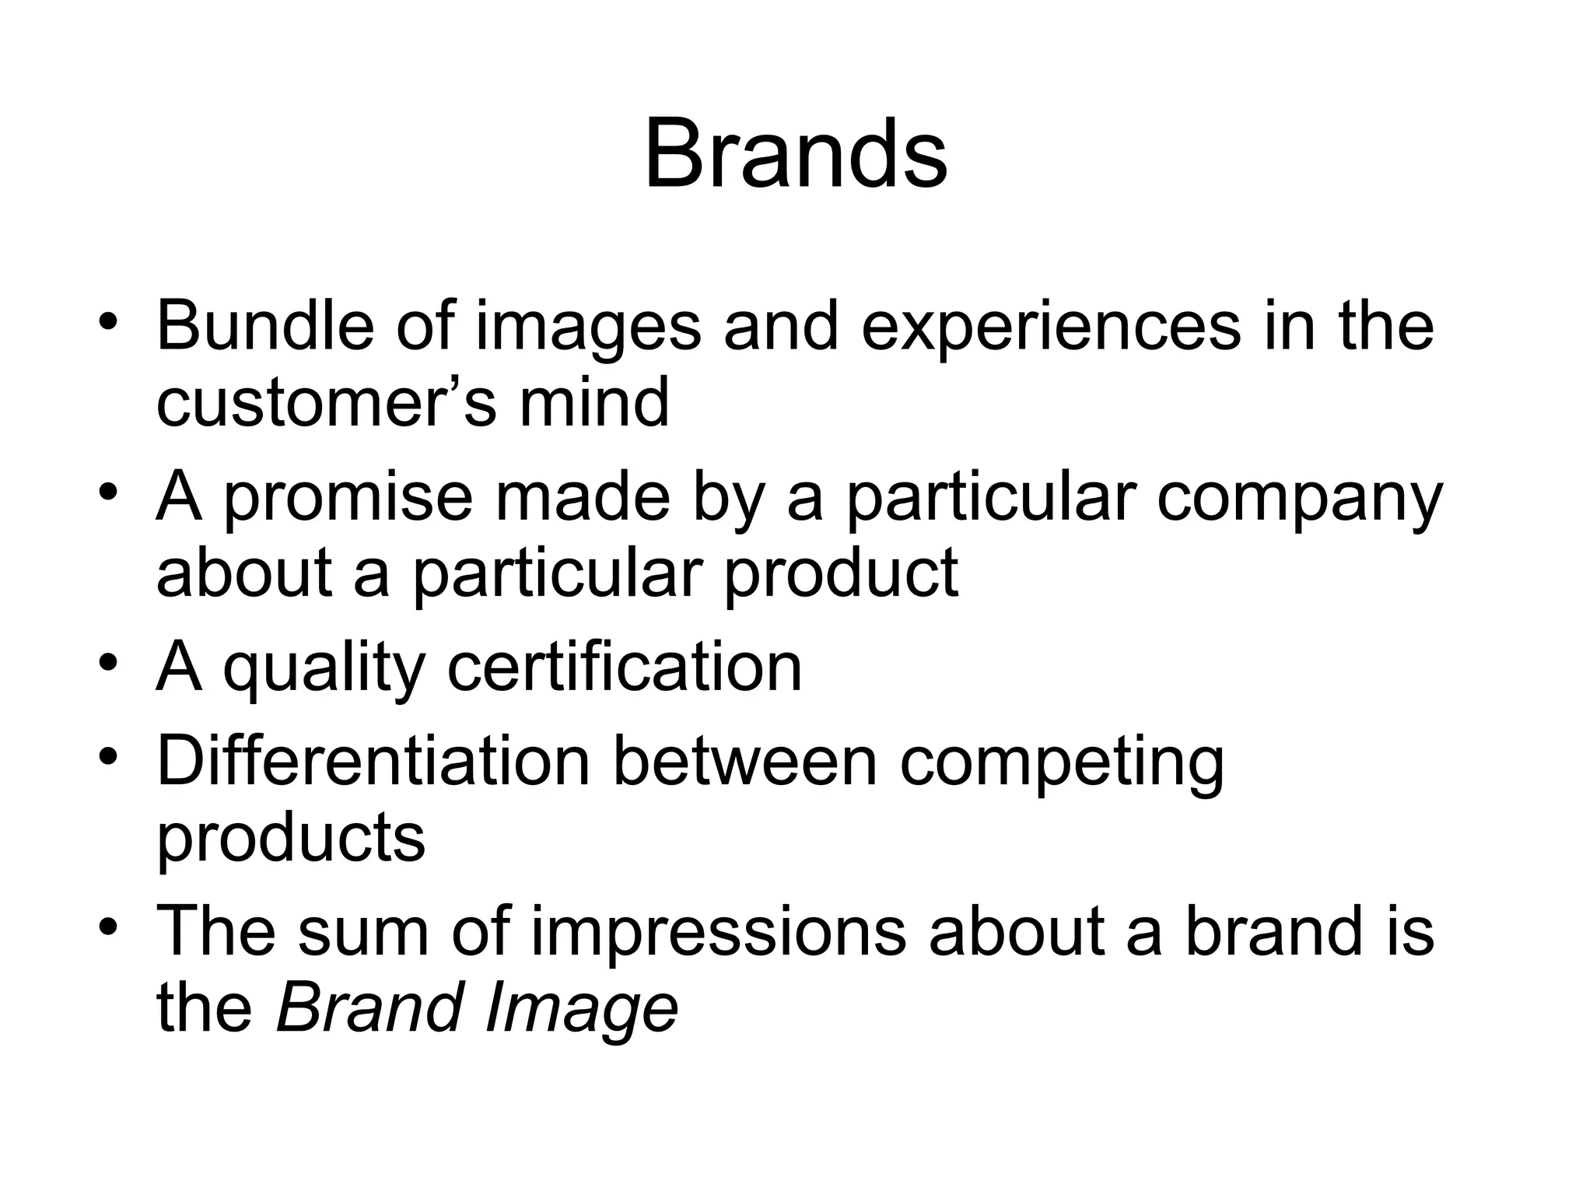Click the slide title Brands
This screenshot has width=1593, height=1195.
click(x=796, y=153)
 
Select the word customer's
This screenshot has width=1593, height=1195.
click(x=326, y=403)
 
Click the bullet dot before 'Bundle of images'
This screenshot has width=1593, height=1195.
click(x=109, y=321)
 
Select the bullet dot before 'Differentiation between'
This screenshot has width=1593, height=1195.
click(x=109, y=757)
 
